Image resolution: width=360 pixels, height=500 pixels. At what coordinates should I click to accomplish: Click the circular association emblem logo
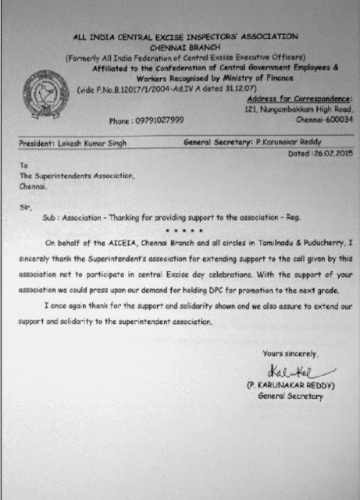pos(46,91)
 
